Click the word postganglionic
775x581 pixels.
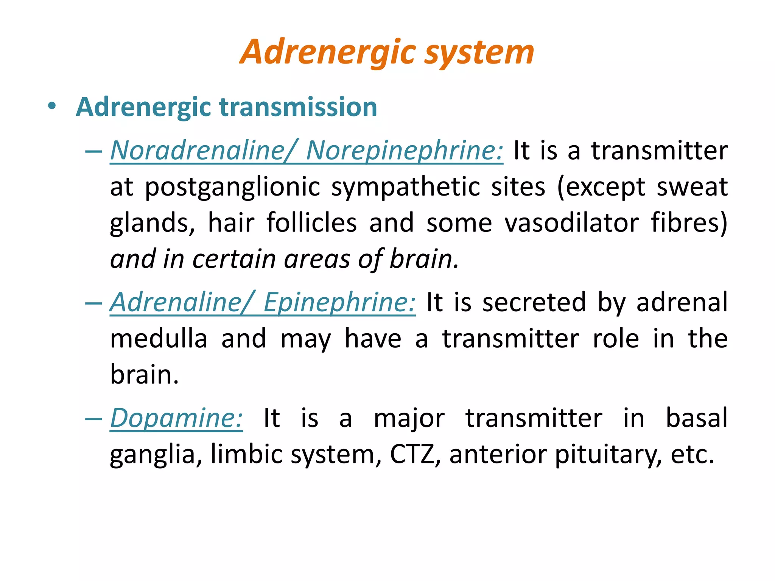click(x=232, y=187)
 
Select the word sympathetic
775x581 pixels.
click(x=405, y=187)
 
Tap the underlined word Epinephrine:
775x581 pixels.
click(x=339, y=303)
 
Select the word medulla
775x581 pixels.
click(x=159, y=339)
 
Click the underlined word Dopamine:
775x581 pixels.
click(x=176, y=418)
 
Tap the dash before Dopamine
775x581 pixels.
click(x=93, y=419)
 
